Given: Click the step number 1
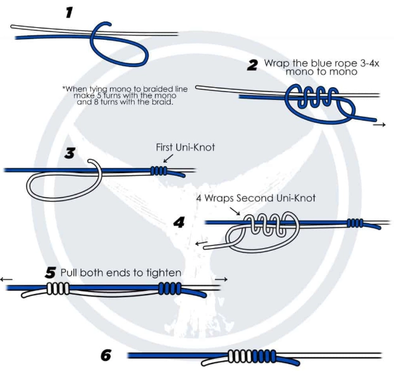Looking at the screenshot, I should click(x=70, y=13).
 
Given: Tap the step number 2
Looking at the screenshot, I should click(x=252, y=65).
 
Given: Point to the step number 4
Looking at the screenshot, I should click(x=179, y=222).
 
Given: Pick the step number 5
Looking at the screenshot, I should click(x=51, y=273).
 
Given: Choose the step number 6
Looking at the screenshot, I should click(x=106, y=355).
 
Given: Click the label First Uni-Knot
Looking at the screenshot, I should click(x=185, y=147).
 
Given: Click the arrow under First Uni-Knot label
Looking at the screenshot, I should click(x=168, y=160).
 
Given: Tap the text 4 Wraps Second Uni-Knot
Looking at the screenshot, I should click(x=255, y=198).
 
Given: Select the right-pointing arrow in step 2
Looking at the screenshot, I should click(x=379, y=125).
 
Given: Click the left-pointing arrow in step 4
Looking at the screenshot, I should click(x=201, y=243).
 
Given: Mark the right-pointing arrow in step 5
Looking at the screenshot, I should click(x=221, y=278).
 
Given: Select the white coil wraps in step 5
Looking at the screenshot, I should click(x=58, y=288).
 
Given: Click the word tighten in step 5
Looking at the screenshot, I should click(x=164, y=273).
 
